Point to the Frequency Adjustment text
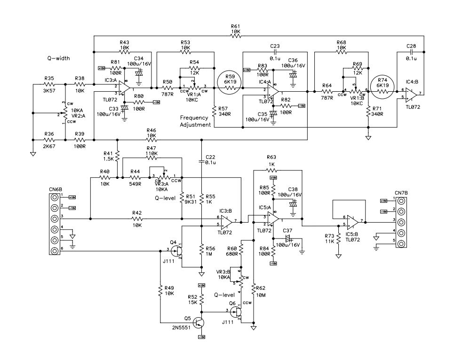pyautogui.click(x=196, y=121)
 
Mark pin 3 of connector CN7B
pyautogui.click(x=401, y=221)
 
